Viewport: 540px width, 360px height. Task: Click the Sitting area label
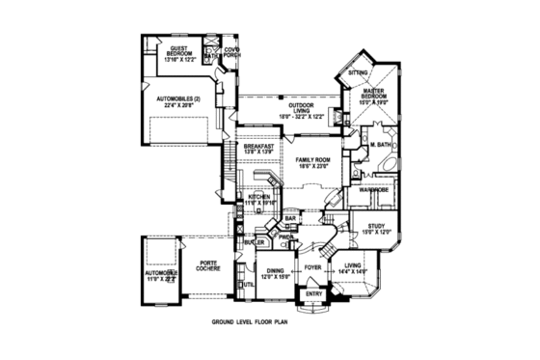(358, 72)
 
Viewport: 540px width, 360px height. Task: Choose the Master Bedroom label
(373, 94)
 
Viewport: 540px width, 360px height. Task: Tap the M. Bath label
(378, 145)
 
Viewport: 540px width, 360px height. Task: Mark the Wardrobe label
(374, 190)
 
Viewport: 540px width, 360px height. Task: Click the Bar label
(289, 219)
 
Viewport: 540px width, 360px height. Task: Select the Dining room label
(276, 273)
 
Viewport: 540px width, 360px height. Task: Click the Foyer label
(312, 265)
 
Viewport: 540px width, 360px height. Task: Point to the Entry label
(313, 293)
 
